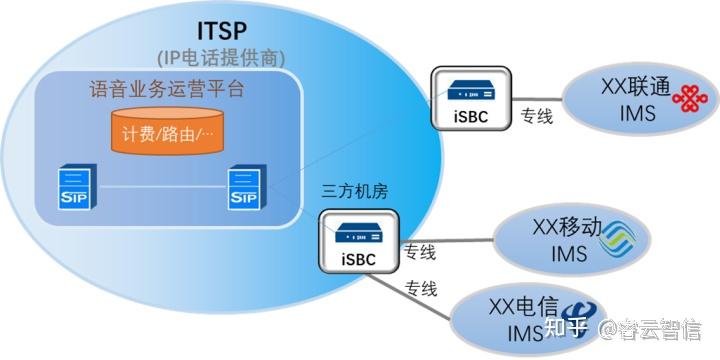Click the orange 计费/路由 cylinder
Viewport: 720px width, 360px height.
click(x=167, y=134)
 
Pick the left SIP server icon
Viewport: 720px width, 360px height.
click(x=72, y=188)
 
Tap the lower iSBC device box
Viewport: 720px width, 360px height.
click(x=358, y=242)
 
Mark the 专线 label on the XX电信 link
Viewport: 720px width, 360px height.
click(x=421, y=291)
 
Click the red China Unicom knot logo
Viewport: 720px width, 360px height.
click(x=686, y=99)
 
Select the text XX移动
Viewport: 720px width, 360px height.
click(x=567, y=229)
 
